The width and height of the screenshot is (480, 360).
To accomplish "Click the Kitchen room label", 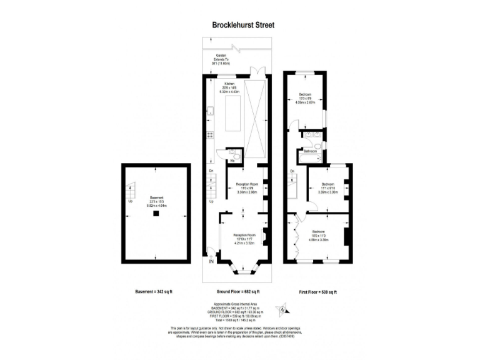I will tap(229, 84).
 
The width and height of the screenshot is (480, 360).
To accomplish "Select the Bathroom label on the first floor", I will tap(310, 151).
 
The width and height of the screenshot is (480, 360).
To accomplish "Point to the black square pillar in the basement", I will tap(156, 214).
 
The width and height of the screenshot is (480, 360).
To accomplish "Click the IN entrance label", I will tap(211, 261).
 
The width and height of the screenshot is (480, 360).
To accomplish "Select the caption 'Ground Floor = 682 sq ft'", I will tap(238, 292).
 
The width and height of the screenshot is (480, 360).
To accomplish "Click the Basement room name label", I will tap(156, 197).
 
